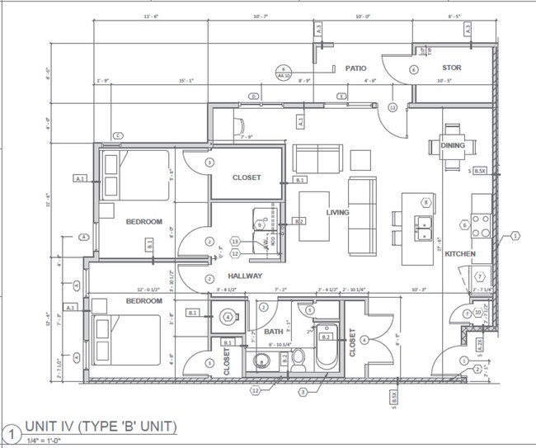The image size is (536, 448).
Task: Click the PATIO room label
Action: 355,69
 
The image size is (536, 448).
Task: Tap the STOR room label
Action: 451,68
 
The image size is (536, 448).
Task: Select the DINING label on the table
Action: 452,146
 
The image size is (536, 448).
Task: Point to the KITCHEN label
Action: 459,254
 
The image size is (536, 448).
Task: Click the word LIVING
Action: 337,213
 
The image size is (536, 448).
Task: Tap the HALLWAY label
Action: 245,276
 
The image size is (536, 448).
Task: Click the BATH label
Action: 274,332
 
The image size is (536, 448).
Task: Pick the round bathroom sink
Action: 263,361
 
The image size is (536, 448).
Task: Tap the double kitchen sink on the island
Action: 425,224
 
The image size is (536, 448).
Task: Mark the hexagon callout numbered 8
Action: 426,202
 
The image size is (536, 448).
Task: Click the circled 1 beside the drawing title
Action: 12,431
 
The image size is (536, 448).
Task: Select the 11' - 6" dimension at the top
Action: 150,17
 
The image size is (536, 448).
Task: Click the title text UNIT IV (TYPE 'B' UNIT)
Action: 101,427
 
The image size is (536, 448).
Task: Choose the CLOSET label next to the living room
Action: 246,177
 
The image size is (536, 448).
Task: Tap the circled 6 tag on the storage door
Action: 413,70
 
